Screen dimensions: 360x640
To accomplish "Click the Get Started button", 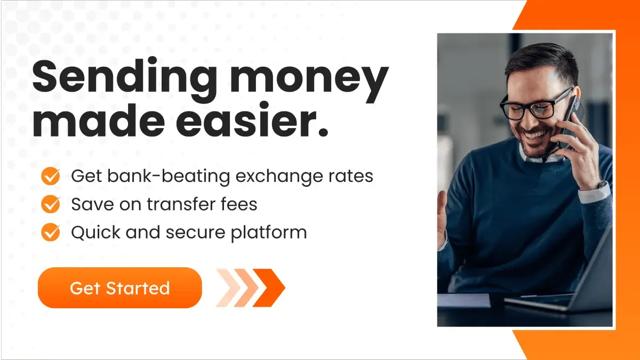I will point(119,288).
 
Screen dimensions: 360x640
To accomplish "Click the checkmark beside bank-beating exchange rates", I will point(51,175).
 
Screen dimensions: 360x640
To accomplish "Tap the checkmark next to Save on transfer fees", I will point(51,204).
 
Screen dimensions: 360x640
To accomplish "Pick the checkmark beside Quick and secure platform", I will point(51,232).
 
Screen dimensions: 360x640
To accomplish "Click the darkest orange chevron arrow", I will point(269,288).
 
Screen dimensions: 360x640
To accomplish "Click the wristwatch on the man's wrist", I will point(601,186).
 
